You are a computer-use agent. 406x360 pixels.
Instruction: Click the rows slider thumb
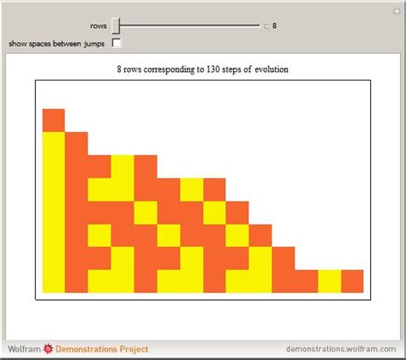[x=115, y=26]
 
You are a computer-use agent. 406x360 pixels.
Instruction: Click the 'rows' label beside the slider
[x=99, y=26]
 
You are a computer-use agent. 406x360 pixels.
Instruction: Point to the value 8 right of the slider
[x=274, y=26]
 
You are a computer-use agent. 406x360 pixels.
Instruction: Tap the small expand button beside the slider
[x=266, y=26]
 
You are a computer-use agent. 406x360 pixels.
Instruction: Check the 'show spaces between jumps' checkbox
[x=116, y=42]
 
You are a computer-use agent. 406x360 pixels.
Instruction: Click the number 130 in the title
[x=214, y=69]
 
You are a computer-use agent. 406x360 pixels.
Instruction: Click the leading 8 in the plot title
[x=119, y=69]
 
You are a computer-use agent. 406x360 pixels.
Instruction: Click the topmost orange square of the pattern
[x=53, y=120]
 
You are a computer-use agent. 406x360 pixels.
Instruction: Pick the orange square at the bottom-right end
[x=352, y=280]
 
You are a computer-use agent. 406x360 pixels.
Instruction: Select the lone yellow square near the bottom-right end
[x=329, y=280]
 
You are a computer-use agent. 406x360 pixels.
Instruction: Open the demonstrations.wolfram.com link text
[x=346, y=351]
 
